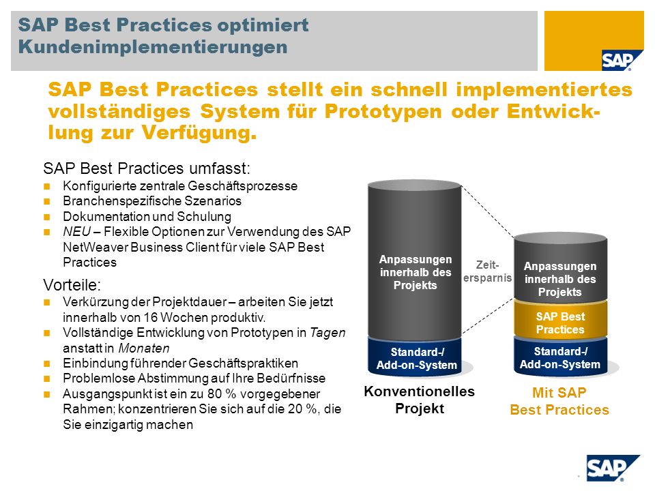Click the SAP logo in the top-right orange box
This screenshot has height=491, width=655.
point(617,61)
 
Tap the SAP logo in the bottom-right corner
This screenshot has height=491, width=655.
point(613,468)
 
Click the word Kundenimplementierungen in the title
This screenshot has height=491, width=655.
point(153,47)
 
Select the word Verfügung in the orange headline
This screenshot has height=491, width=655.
point(199,133)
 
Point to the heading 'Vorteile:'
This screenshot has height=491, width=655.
point(72,285)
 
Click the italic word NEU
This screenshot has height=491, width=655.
point(77,231)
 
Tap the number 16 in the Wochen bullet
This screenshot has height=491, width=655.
point(150,317)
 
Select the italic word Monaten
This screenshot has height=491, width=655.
point(144,348)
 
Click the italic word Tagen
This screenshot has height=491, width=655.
point(327,333)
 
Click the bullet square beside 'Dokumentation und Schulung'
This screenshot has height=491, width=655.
point(47,217)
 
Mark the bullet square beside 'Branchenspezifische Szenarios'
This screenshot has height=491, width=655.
point(47,202)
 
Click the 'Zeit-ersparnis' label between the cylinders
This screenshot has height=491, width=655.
point(487,271)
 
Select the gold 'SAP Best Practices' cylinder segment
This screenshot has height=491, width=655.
point(560,320)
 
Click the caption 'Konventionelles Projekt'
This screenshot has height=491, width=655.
point(420,400)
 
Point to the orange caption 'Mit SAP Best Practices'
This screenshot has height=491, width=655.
point(559,401)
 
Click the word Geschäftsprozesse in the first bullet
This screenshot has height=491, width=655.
point(243,186)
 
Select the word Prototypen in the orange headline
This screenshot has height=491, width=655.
point(383,111)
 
